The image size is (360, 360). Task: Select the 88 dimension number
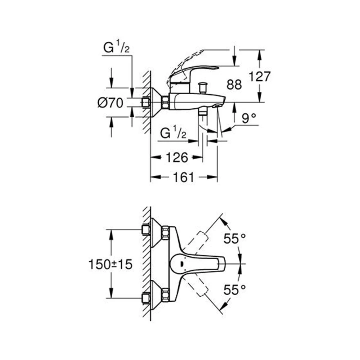click(x=234, y=85)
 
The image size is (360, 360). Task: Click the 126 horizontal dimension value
click(x=176, y=157)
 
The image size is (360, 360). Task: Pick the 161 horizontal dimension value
click(x=184, y=177)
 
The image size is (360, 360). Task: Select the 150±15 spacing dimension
click(x=111, y=265)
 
